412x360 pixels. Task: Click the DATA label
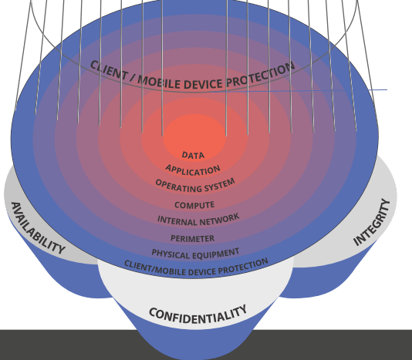(193, 155)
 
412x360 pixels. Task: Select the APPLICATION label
(193, 170)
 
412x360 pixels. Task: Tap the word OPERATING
(177, 187)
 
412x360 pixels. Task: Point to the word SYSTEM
(219, 184)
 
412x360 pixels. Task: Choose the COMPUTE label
(194, 205)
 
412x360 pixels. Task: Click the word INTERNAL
(177, 220)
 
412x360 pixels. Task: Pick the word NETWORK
(219, 219)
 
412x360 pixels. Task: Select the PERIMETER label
(193, 238)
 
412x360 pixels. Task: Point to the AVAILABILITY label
(38, 227)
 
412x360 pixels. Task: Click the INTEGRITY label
(372, 222)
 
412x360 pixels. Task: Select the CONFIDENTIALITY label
(198, 315)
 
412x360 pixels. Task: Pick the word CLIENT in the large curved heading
(109, 70)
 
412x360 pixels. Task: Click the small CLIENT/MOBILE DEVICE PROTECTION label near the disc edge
(196, 267)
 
